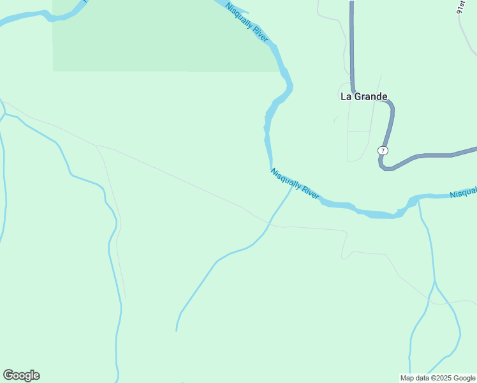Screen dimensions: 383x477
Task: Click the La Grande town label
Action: click(363, 97)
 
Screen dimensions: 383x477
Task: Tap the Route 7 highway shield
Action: click(382, 151)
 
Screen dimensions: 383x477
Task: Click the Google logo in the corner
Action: click(21, 375)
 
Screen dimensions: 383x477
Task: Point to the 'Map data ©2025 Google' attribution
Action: click(437, 378)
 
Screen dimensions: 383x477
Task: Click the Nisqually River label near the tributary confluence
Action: click(295, 183)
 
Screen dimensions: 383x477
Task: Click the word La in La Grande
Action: click(346, 97)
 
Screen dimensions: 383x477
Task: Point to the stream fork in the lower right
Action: click(434, 282)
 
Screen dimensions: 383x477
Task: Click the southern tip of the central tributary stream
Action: click(177, 329)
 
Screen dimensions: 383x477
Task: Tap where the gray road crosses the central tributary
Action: click(270, 224)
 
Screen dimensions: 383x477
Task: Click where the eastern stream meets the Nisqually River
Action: click(418, 202)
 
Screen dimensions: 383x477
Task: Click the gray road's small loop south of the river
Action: click(345, 255)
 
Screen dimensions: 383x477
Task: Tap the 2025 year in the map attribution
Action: click(441, 378)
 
